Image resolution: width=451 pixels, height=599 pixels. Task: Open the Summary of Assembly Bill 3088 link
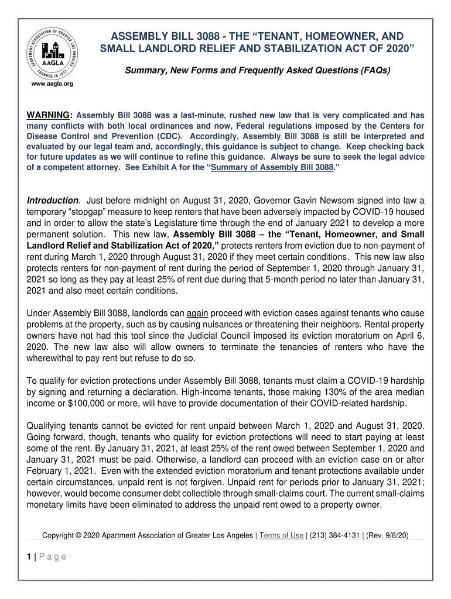click(x=272, y=167)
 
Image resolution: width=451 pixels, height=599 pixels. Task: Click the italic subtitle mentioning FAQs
click(x=257, y=71)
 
